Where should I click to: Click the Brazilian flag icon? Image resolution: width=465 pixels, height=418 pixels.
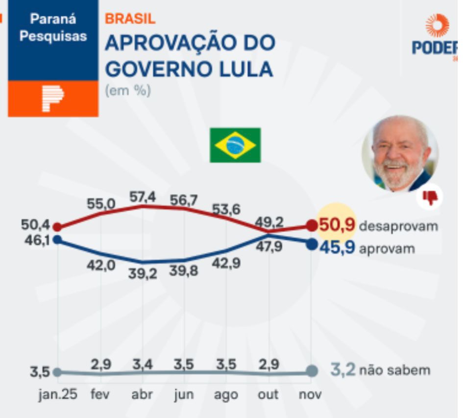[235, 145]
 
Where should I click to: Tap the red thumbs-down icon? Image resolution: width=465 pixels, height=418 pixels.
[430, 197]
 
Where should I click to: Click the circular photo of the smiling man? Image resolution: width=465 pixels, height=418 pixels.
[400, 153]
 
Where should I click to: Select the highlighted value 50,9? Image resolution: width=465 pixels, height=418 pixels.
[337, 225]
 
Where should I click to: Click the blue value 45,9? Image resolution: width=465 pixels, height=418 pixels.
[337, 247]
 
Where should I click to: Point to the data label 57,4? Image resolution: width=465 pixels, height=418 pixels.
[143, 197]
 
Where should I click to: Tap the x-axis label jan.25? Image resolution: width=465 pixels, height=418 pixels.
[58, 395]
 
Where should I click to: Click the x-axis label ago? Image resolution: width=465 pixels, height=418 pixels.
[226, 395]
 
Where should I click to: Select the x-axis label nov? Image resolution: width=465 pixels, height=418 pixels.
[310, 395]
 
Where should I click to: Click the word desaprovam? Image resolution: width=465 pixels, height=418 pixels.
[398, 226]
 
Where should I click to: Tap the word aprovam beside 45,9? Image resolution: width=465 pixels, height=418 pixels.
[387, 248]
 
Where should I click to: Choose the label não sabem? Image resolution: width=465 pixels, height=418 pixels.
[394, 370]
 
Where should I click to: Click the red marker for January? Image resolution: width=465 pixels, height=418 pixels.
[57, 227]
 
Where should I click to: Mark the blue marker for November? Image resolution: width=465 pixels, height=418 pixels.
[311, 244]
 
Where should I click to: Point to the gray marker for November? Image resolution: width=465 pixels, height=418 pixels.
[311, 371]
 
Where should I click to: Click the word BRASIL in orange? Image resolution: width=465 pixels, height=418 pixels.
[130, 19]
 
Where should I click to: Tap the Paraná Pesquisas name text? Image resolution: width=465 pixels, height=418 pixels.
[53, 27]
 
